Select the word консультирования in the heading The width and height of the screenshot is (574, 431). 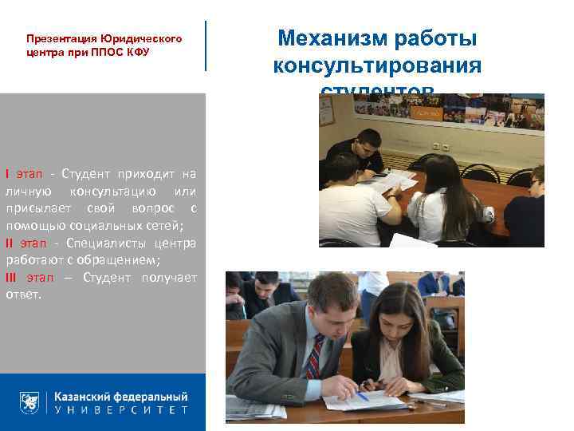click(x=377, y=65)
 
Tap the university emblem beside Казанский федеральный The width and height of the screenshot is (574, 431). click(x=29, y=402)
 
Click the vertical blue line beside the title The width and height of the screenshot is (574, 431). click(x=206, y=45)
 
